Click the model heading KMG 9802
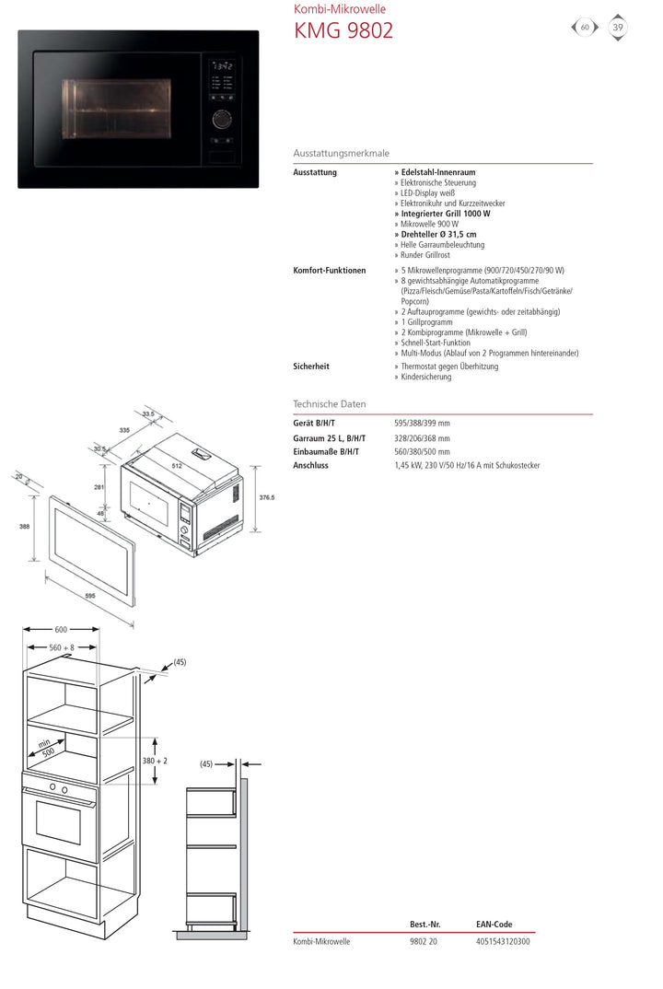[x=343, y=30]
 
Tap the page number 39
[x=618, y=28]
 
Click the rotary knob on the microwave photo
[x=221, y=119]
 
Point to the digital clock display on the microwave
[x=221, y=66]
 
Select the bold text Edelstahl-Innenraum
[x=438, y=172]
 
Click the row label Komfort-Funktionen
[x=329, y=271]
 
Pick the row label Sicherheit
[x=311, y=367]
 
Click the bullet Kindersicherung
[x=426, y=378]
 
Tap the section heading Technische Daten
[x=329, y=404]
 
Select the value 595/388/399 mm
[x=422, y=424]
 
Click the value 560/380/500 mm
[x=422, y=452]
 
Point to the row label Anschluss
[x=310, y=466]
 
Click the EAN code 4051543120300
[x=503, y=941]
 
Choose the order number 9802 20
[x=424, y=941]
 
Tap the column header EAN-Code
[x=494, y=925]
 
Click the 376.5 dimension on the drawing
[x=267, y=497]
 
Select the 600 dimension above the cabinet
[x=61, y=630]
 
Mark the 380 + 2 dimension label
[x=155, y=762]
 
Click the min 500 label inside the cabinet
[x=44, y=746]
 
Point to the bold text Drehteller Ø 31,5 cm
[x=439, y=235]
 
